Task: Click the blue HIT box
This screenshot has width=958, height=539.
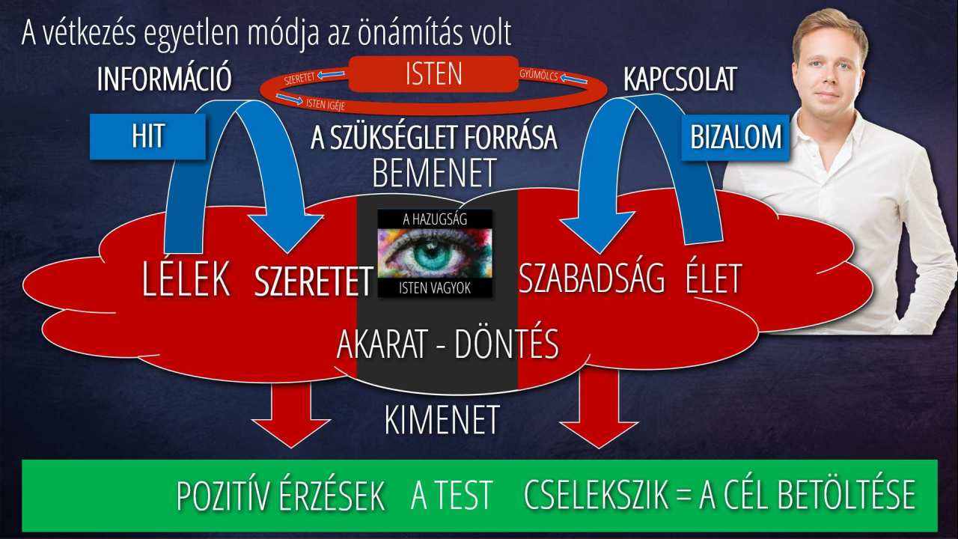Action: pyautogui.click(x=147, y=136)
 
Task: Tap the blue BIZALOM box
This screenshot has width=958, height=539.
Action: pyautogui.click(x=735, y=138)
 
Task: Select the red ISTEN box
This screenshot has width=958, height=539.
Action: pyautogui.click(x=433, y=74)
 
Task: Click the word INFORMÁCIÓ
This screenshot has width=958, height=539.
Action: pyautogui.click(x=164, y=79)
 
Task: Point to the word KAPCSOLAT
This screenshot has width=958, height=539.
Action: pyautogui.click(x=680, y=79)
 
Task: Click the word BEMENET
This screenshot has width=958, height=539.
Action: pyautogui.click(x=435, y=173)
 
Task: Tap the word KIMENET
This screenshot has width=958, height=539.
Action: pyautogui.click(x=442, y=420)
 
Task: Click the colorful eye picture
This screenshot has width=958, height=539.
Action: pyautogui.click(x=435, y=253)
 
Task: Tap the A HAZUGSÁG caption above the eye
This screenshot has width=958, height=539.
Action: pyautogui.click(x=435, y=219)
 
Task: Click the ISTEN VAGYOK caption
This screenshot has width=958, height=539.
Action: pyautogui.click(x=435, y=287)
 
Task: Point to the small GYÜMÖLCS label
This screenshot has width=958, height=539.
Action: pyautogui.click(x=539, y=75)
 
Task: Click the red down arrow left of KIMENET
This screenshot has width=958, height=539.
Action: pyautogui.click(x=291, y=415)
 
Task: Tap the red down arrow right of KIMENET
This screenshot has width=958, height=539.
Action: pyautogui.click(x=599, y=409)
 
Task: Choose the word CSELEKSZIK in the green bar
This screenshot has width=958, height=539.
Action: pyautogui.click(x=596, y=496)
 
